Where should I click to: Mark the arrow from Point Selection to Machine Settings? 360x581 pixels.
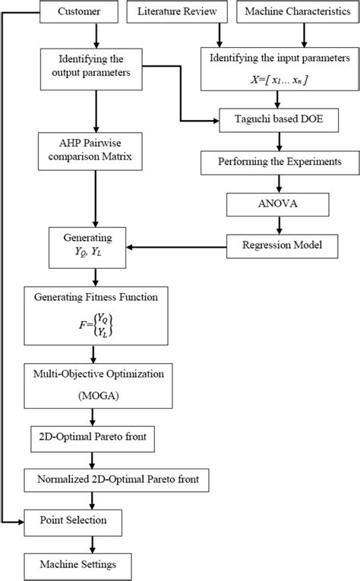click(x=92, y=542)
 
